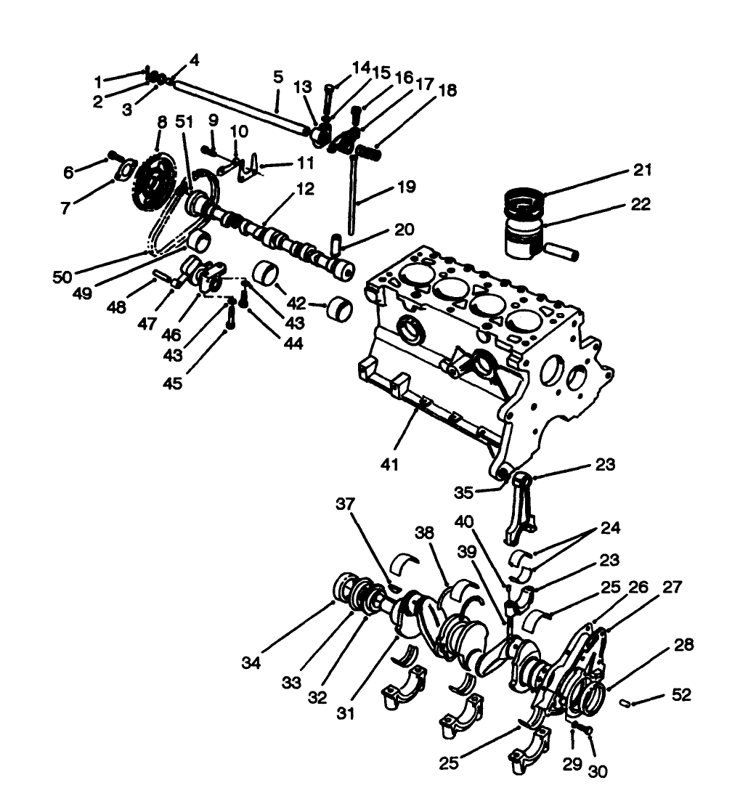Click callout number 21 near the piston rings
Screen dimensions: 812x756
pyautogui.click(x=641, y=171)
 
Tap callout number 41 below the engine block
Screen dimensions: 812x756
pyautogui.click(x=390, y=463)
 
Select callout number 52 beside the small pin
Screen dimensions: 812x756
pyautogui.click(x=681, y=696)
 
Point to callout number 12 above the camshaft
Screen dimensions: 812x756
pyautogui.click(x=304, y=190)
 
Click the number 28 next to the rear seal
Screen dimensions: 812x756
pyautogui.click(x=683, y=645)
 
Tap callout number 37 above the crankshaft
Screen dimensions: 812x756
pyautogui.click(x=346, y=504)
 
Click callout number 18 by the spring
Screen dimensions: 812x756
pyautogui.click(x=447, y=91)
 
